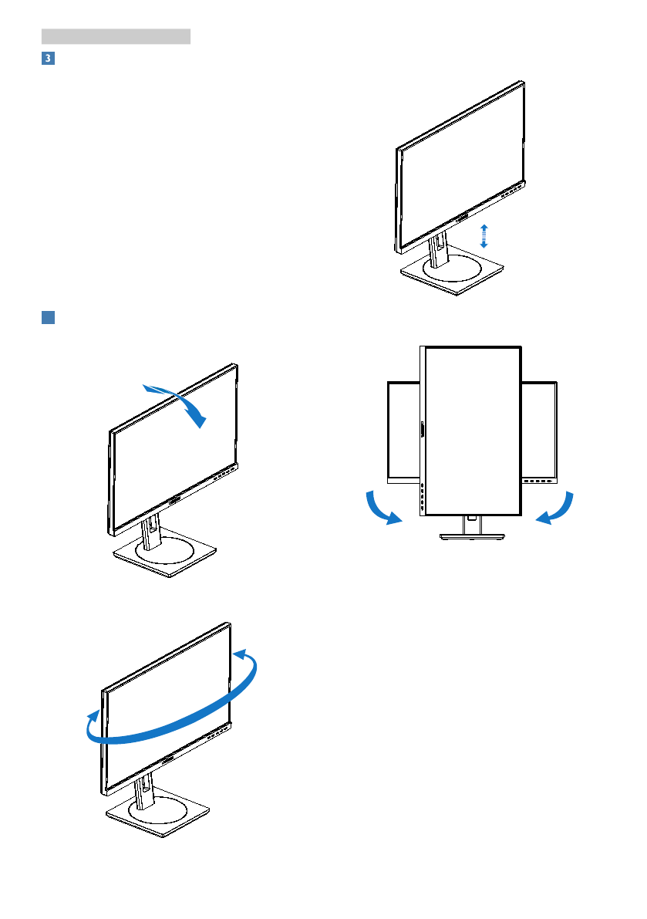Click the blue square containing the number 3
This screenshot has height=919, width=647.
48,59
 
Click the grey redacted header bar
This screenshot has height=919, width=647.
116,36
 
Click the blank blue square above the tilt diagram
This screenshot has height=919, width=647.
48,319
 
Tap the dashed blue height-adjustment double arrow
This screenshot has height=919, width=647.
484,235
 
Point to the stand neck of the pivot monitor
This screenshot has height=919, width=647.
471,524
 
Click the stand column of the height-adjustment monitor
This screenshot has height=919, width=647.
437,252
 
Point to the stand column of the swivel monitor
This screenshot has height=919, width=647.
142,791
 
